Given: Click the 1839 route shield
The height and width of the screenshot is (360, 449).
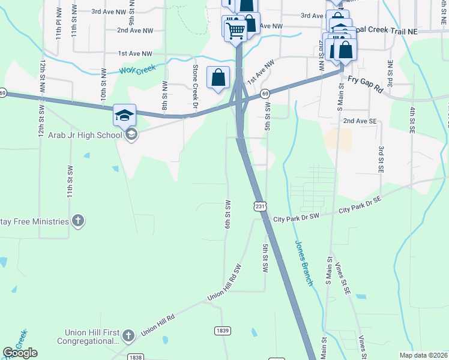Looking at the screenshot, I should (x=223, y=331).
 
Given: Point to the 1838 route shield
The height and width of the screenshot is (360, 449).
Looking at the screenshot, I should (x=136, y=357).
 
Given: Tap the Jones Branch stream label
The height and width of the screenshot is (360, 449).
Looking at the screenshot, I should (x=304, y=263).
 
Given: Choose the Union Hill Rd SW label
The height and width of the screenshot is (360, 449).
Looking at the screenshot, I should (x=224, y=281).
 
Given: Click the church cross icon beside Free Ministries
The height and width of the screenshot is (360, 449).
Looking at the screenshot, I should (x=77, y=221).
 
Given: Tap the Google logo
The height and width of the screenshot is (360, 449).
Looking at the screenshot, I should (x=20, y=353).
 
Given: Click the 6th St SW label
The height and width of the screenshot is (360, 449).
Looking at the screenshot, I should (x=228, y=214).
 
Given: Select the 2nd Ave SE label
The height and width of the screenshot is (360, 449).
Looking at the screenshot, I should (x=360, y=121).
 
